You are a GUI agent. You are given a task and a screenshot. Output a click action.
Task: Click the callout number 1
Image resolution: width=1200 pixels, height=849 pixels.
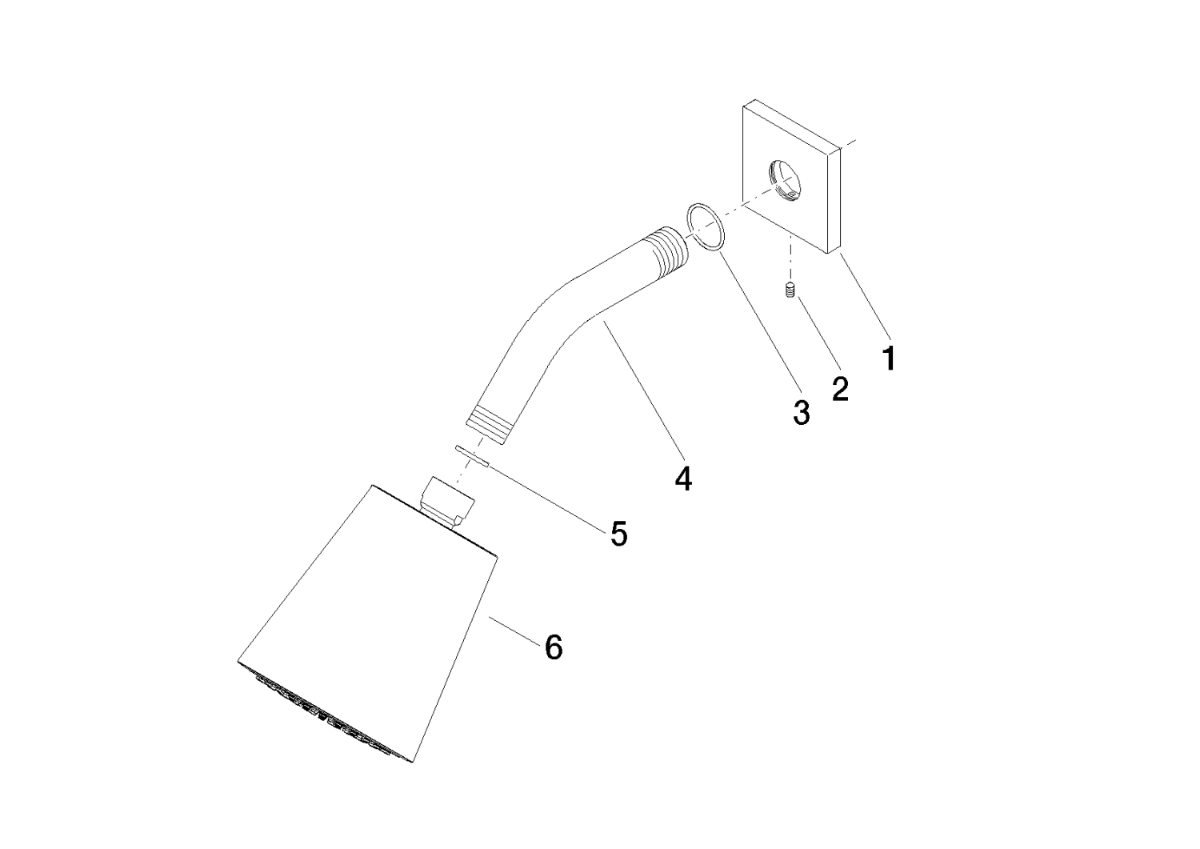pyautogui.click(x=890, y=358)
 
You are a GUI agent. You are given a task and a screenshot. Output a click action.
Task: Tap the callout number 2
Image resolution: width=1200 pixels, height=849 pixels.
pyautogui.click(x=841, y=389)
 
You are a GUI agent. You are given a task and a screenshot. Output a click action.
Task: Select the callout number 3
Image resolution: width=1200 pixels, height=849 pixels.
pyautogui.click(x=802, y=413)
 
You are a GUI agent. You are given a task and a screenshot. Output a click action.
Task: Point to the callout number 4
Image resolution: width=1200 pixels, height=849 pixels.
pyautogui.click(x=683, y=479)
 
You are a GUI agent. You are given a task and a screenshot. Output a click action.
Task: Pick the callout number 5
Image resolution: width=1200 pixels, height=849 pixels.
pyautogui.click(x=619, y=534)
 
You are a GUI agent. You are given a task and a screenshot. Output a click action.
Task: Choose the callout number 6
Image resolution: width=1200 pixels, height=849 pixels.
pyautogui.click(x=554, y=647)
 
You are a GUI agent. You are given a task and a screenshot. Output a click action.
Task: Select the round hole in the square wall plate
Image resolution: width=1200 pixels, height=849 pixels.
pyautogui.click(x=783, y=180)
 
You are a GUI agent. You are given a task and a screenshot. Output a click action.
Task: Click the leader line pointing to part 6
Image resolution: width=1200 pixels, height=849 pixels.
pyautogui.click(x=514, y=631)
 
